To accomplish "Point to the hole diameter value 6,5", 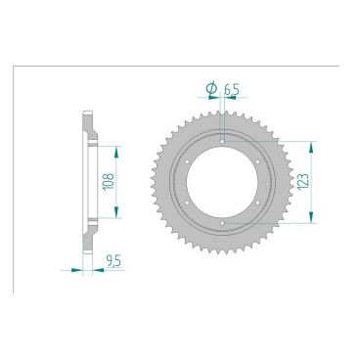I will coord(231,89).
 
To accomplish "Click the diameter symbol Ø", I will coord(211,89).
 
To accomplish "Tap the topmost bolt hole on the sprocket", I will coord(224,141).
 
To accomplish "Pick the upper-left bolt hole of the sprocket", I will coord(188,161).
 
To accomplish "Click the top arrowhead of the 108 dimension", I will coord(117,151).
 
